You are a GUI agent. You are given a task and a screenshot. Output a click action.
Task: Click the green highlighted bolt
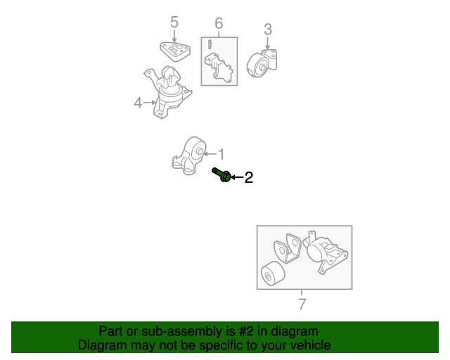(221, 174)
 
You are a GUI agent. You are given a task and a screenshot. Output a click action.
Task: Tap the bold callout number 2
(248, 178)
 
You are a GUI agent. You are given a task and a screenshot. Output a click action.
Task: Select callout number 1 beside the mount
(221, 153)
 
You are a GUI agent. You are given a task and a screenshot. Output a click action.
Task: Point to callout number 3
(267, 30)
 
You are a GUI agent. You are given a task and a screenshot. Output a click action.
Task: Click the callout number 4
(138, 103)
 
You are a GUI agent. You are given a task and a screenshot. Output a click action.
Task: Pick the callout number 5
(174, 22)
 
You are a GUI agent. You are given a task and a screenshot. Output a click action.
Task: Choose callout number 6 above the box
(219, 25)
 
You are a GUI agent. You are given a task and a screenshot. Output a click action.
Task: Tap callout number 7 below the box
(302, 304)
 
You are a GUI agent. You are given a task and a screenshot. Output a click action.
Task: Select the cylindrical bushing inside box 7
(271, 276)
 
